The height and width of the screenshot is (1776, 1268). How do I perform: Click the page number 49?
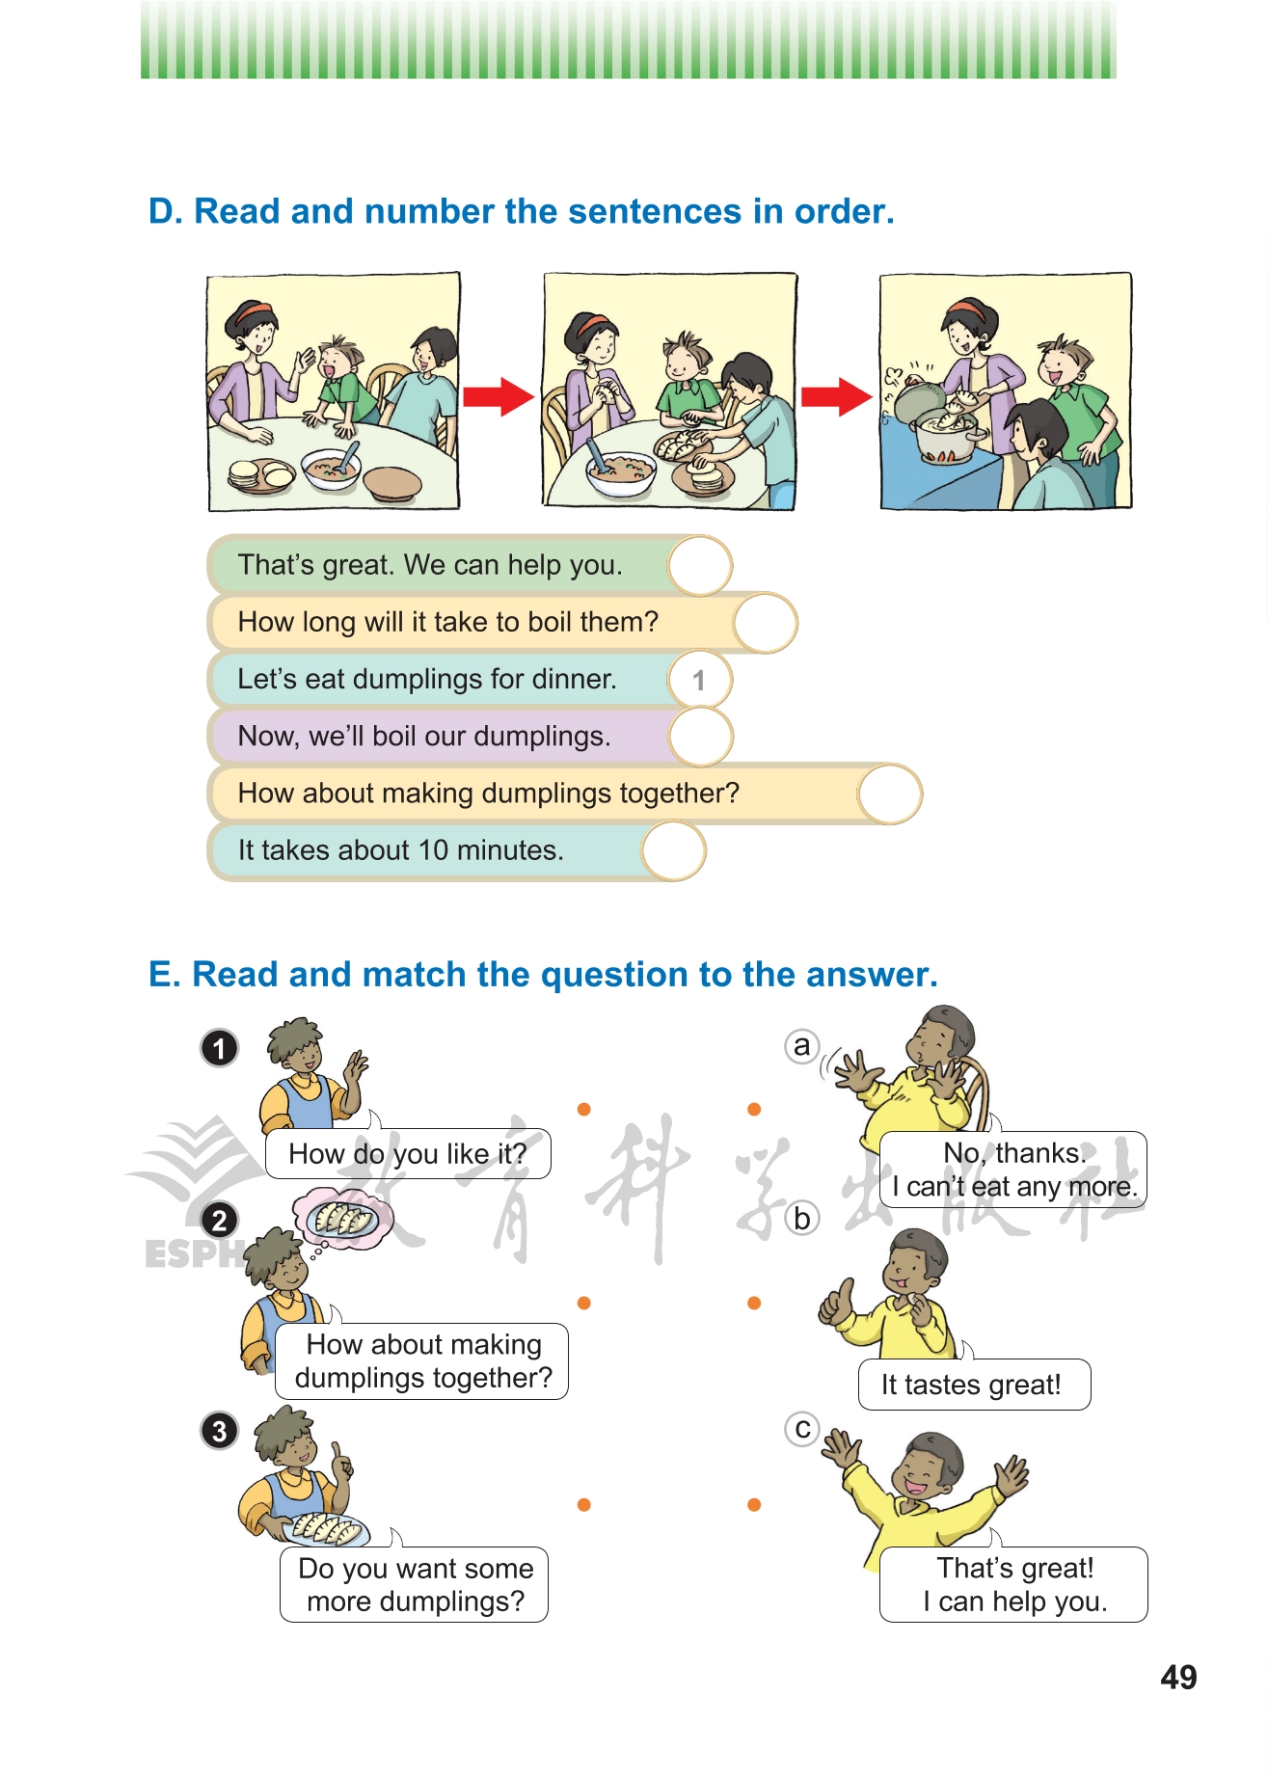(x=1178, y=1677)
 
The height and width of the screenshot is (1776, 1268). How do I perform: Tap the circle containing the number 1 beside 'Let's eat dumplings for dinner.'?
(x=699, y=680)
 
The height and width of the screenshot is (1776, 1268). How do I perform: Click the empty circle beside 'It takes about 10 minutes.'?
(x=674, y=850)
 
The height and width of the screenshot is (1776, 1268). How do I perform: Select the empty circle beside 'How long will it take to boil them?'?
(x=765, y=623)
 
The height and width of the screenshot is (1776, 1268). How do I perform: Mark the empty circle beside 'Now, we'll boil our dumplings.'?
(x=701, y=737)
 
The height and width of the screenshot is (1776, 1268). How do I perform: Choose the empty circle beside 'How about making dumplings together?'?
(x=889, y=794)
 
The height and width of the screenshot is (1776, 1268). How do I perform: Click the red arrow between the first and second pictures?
(x=499, y=395)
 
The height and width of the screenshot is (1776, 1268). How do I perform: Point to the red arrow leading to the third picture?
(x=836, y=395)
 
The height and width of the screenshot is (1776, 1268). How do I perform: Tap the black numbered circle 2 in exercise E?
(x=220, y=1220)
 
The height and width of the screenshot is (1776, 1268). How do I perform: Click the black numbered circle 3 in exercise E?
(x=220, y=1430)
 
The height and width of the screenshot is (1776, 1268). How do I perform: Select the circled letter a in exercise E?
(x=802, y=1046)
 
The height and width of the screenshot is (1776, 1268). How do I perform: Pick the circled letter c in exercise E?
(x=802, y=1428)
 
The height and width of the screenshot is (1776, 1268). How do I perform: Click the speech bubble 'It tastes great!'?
(x=974, y=1385)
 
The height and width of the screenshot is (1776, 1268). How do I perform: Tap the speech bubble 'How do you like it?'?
(x=408, y=1153)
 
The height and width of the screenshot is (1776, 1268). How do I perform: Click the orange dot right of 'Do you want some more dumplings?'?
(x=583, y=1504)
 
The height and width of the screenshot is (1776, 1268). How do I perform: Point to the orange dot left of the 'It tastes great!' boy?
(x=754, y=1304)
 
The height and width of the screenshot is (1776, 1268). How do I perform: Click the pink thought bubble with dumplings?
(x=343, y=1219)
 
